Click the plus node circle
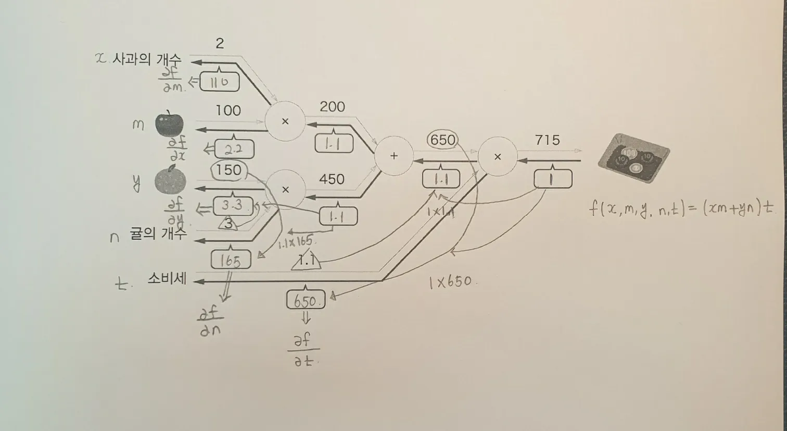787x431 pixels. [x=394, y=156]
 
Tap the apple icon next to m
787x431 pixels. [x=169, y=124]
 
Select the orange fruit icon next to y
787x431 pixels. [x=170, y=180]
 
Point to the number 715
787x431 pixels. [x=547, y=140]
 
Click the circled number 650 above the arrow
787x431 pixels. [x=442, y=140]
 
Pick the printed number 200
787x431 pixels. [x=332, y=107]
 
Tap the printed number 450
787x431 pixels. [x=332, y=179]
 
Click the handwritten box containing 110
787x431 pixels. [x=219, y=82]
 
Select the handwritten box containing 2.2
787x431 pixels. [x=234, y=150]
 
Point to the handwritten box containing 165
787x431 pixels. [x=231, y=260]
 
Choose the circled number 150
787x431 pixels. [x=229, y=170]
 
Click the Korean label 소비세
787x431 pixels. [x=167, y=278]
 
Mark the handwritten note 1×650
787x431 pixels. [x=451, y=282]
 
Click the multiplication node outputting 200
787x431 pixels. [x=285, y=121]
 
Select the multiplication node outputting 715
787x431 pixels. [x=497, y=156]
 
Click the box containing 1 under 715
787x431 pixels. [x=553, y=179]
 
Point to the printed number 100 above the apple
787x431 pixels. [x=228, y=110]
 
